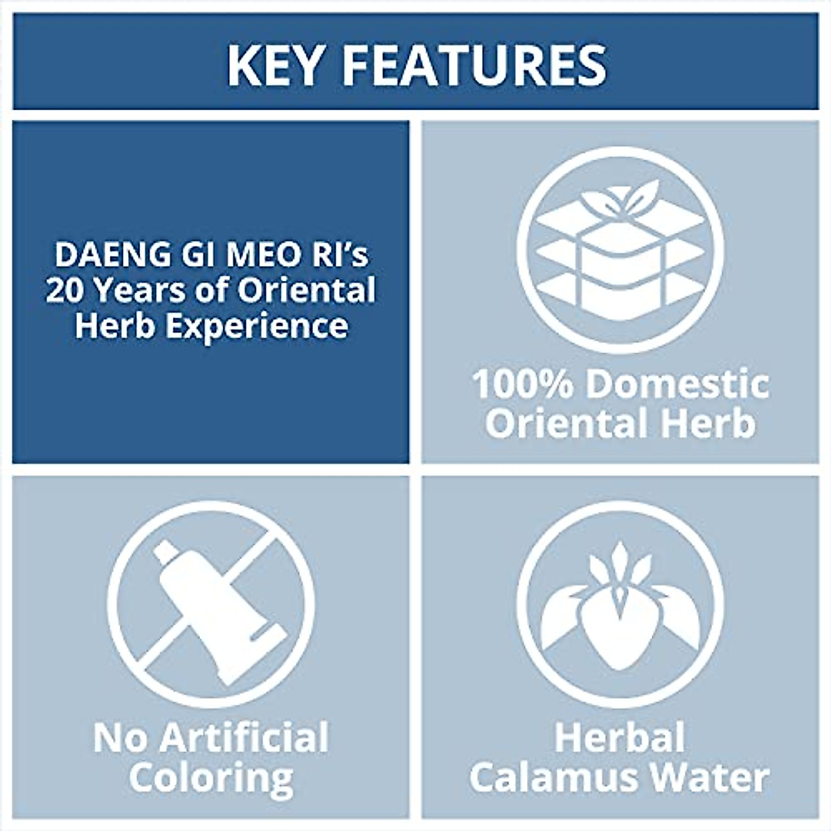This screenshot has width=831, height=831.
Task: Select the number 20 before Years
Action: tap(65, 290)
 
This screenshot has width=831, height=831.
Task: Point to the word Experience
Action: tap(257, 326)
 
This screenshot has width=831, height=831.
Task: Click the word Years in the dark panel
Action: tap(141, 290)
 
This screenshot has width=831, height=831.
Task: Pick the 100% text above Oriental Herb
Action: tap(523, 384)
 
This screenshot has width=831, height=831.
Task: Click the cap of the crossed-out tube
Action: tap(166, 552)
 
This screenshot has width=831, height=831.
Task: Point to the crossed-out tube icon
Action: tap(221, 612)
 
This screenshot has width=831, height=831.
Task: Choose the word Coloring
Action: tap(211, 779)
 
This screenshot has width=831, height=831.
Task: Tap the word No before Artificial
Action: tap(122, 738)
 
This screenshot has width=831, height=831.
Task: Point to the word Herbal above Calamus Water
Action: tap(620, 738)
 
